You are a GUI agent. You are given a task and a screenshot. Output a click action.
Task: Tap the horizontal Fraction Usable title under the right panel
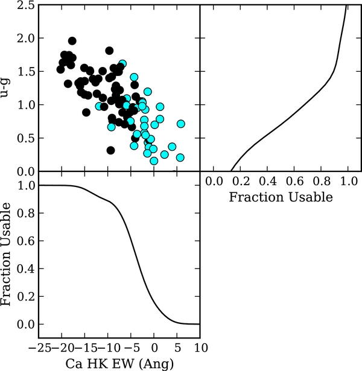281,197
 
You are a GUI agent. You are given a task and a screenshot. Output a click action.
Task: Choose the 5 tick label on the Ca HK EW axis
177,348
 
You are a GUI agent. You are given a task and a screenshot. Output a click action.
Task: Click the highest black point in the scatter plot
72,41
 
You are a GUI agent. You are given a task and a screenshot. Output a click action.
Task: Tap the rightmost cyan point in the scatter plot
180,124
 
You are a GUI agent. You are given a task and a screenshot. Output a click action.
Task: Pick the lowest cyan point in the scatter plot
154,160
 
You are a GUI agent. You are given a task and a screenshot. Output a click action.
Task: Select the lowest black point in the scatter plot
110,150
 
